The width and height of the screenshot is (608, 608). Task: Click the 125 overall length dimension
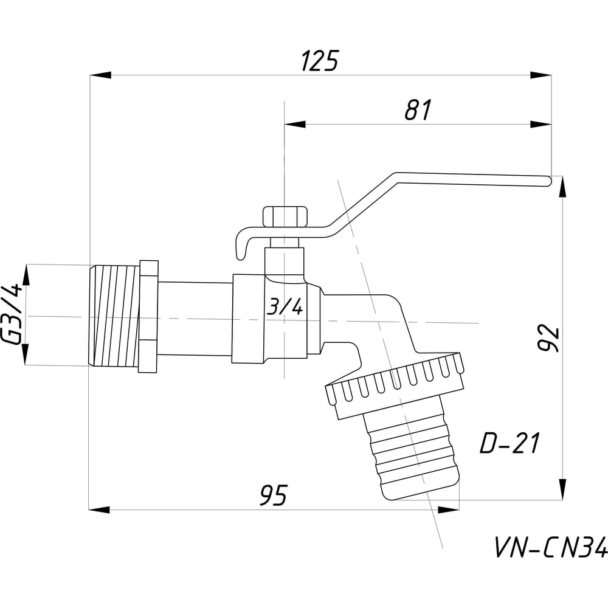(320, 61)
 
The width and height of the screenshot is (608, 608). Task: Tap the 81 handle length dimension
(418, 110)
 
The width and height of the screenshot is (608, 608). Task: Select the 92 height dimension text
(550, 337)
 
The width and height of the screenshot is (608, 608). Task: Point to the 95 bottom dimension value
(274, 495)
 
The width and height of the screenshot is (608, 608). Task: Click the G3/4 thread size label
(12, 314)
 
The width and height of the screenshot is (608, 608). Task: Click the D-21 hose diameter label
(510, 443)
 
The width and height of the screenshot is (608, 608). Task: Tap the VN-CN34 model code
(551, 547)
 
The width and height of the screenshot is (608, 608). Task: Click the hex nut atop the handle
(285, 217)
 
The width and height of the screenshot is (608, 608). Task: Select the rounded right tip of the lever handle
(548, 181)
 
